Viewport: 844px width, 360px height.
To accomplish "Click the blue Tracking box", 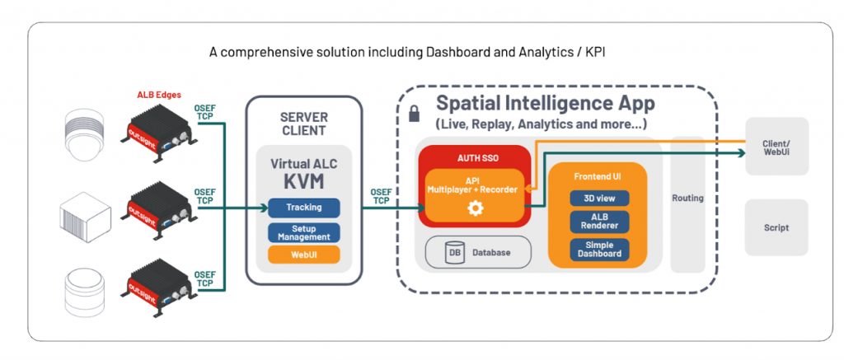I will tap(304, 208).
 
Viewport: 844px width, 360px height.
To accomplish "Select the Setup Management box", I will tap(304, 233).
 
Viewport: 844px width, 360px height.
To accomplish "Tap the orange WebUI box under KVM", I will tap(304, 255).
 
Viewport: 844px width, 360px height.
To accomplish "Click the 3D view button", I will tap(599, 199).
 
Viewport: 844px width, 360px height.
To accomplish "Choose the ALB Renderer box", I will tap(599, 222).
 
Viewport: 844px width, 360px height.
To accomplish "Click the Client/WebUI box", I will tap(776, 147).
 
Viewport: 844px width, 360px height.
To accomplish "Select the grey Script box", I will tap(776, 227).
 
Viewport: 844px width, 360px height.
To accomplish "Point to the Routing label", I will tap(687, 199).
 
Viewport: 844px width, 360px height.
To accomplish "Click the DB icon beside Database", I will tap(454, 253).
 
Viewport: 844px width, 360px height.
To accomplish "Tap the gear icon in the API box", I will tap(475, 208).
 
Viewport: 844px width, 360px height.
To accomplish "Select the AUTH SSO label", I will tap(474, 157).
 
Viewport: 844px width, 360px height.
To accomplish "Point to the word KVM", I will tap(303, 181).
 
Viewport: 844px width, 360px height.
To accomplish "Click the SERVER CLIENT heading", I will tap(303, 124).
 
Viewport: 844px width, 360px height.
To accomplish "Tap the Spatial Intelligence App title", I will tap(545, 104).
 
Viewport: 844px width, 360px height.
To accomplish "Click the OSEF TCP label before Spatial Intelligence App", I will tap(382, 196).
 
